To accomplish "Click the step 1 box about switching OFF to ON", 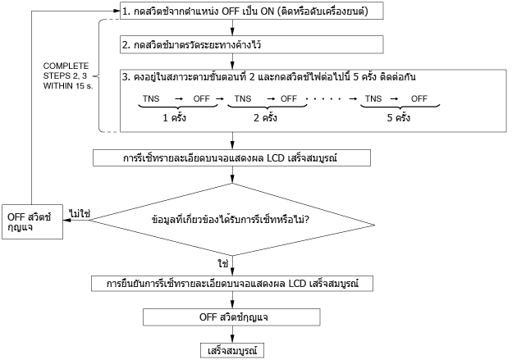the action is click(252, 11).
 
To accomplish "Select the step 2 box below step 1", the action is click(252, 44).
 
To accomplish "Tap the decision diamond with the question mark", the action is click(231, 220).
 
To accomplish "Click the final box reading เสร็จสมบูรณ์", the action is click(232, 351).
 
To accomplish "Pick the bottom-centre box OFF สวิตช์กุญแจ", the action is click(231, 317).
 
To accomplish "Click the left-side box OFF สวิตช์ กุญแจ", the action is click(32, 222).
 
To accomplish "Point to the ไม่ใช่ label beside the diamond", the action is click(80, 213).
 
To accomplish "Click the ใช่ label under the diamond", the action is click(223, 263).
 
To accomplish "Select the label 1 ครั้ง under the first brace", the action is click(175, 117).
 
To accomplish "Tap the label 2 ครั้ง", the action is click(265, 117).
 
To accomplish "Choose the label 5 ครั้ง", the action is click(399, 117).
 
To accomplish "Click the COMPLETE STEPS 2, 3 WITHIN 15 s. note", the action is click(68, 75).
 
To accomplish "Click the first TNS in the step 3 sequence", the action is click(151, 98).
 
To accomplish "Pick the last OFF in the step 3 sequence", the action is click(419, 98).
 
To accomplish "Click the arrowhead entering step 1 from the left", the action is click(117, 11).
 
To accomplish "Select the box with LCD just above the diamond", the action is click(231, 158).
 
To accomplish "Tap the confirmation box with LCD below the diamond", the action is click(232, 284).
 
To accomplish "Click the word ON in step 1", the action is click(268, 11).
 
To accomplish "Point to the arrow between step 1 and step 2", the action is click(232, 28).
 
